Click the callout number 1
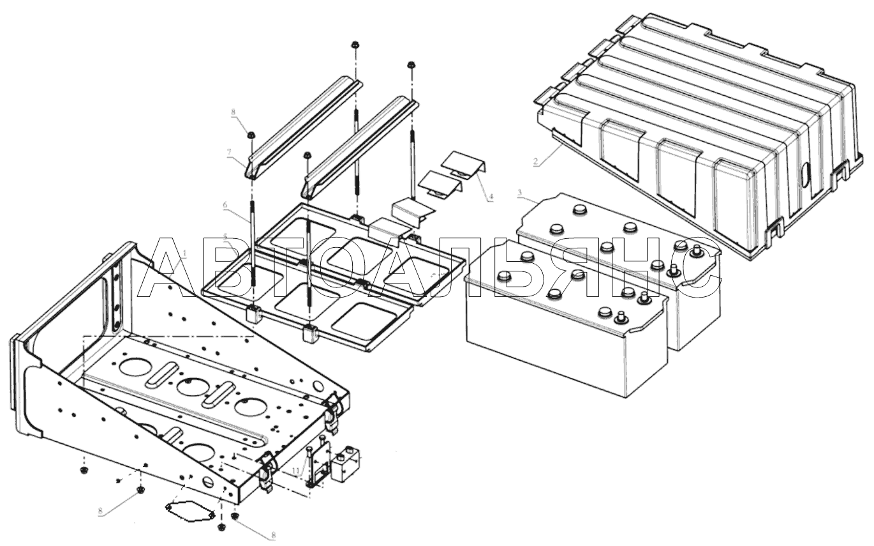click(184, 254)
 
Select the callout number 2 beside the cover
click(538, 163)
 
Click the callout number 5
click(226, 238)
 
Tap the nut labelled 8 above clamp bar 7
click(251, 135)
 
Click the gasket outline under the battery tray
click(188, 508)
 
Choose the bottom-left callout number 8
click(100, 512)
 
